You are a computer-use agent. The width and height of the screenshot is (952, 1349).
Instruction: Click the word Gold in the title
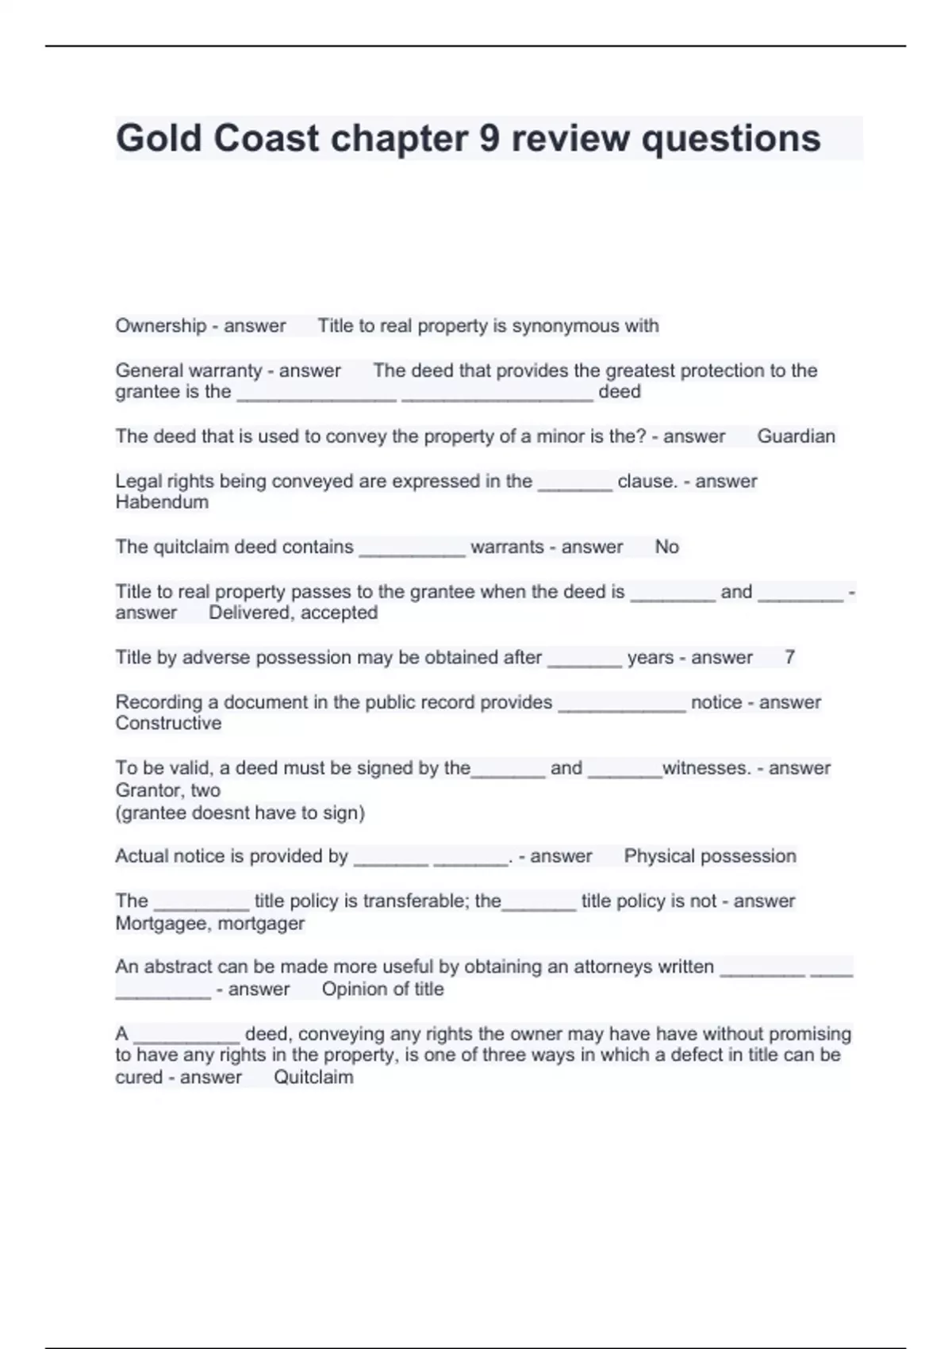coord(159,138)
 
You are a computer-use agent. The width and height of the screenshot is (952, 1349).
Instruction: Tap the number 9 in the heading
coord(489,138)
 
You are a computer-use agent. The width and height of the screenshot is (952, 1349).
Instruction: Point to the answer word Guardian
coord(796,436)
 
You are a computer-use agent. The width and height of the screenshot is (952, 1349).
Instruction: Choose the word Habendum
coord(162,502)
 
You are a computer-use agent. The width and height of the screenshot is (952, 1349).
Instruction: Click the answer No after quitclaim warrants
coord(666,547)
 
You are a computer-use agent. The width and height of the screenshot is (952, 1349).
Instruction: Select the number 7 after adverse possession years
coord(789,657)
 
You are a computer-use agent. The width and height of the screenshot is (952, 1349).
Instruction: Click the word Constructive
coord(168,723)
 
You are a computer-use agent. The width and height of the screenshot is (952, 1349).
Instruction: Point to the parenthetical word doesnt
coord(221,813)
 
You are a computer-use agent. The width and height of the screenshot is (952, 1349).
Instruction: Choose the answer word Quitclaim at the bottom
coord(313,1078)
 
